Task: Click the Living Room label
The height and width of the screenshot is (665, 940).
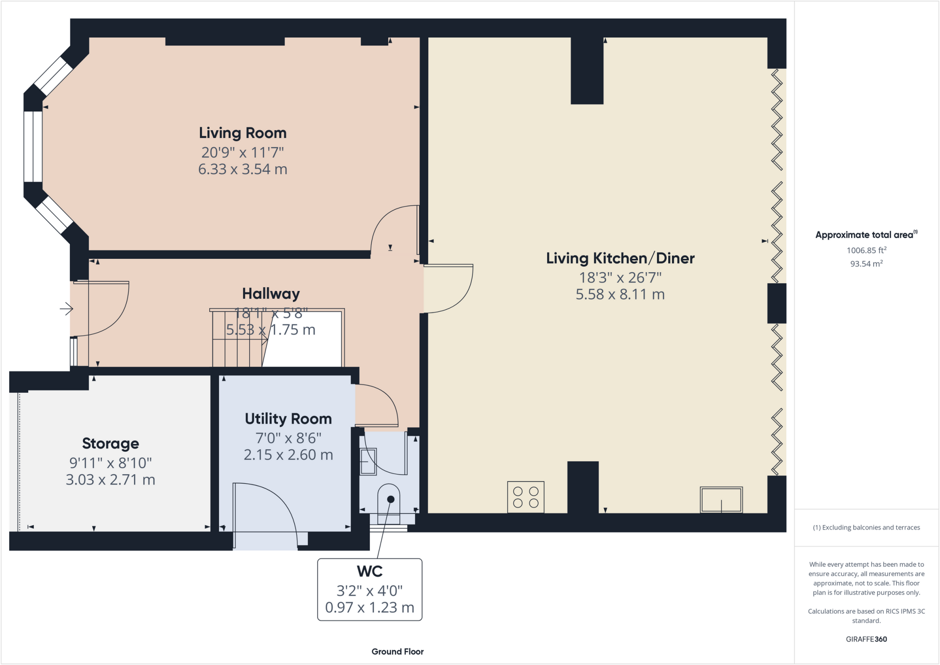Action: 242,133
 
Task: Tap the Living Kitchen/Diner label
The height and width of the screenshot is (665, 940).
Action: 620,258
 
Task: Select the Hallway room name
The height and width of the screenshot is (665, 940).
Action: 271,294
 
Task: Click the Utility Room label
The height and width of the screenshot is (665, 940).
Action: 288,419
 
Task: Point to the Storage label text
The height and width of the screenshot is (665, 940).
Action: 110,444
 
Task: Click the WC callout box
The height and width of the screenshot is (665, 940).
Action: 369,589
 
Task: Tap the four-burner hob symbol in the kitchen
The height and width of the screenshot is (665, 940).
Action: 526,497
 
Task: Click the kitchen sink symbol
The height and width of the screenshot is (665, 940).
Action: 721,500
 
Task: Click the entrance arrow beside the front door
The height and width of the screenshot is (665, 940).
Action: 67,309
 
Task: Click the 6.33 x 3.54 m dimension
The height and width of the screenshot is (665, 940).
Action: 242,169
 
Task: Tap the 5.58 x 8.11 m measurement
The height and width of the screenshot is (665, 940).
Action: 620,294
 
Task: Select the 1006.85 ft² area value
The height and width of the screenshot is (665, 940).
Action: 866,250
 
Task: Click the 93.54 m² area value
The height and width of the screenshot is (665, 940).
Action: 866,264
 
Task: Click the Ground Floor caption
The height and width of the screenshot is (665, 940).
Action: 397,652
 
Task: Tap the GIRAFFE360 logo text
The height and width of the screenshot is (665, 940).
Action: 866,639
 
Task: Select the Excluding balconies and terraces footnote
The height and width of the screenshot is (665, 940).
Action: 866,527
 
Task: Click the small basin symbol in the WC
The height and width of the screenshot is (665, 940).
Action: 368,461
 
